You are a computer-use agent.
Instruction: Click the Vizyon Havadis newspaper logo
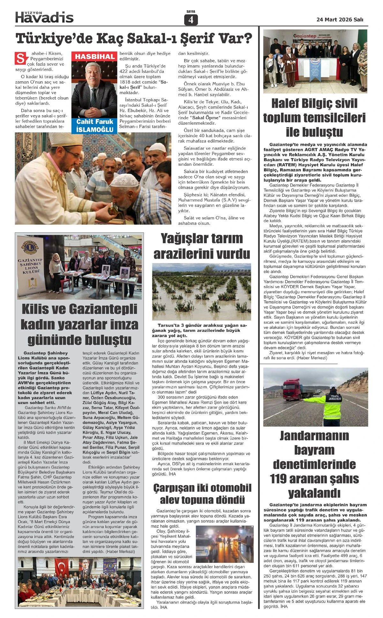(44, 17)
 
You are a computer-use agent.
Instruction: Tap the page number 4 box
(191, 20)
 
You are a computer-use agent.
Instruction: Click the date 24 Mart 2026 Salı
(340, 19)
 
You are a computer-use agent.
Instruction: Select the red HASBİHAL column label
(95, 57)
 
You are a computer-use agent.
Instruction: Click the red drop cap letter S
(20, 58)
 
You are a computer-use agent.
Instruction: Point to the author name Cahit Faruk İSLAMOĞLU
(95, 126)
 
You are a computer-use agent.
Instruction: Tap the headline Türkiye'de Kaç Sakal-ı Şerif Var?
(134, 39)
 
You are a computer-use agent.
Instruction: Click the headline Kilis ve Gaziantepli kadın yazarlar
(79, 324)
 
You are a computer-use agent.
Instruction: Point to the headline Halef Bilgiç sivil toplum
(314, 117)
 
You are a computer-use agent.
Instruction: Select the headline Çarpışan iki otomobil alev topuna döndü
(202, 493)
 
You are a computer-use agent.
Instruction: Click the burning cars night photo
(223, 544)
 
